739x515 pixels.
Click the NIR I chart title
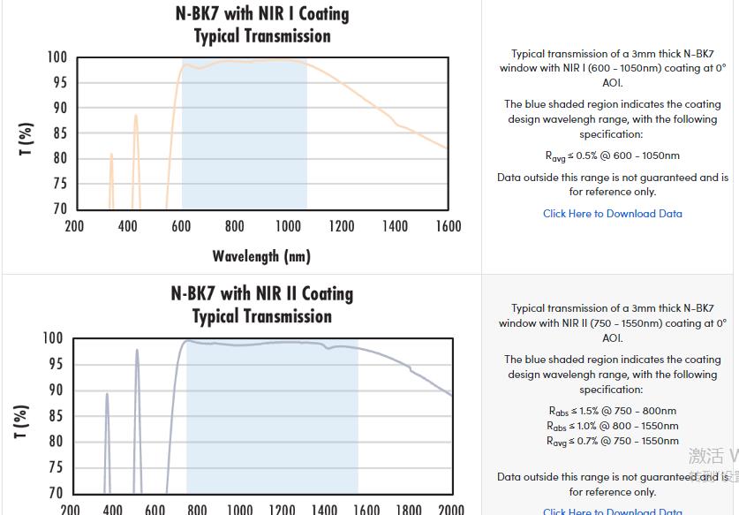point(262,25)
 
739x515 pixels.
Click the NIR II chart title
point(261,305)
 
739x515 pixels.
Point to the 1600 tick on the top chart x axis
point(448,226)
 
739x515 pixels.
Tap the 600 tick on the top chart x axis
point(181,226)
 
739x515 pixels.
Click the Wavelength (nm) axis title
point(261,256)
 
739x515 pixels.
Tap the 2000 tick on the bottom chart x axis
point(450,509)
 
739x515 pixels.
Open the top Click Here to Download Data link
point(612,214)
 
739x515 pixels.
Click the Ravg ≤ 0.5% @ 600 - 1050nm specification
point(612,156)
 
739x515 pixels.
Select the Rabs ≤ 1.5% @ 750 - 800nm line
point(612,411)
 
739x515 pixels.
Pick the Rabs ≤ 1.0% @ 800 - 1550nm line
point(612,426)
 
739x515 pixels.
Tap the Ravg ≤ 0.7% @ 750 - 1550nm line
point(612,441)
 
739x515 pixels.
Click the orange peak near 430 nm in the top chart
point(135,116)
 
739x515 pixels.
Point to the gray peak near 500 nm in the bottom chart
point(137,352)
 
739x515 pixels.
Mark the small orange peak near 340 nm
point(111,155)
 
